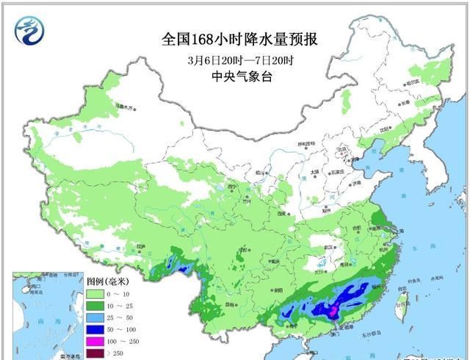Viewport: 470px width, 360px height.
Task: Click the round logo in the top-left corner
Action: [30, 30]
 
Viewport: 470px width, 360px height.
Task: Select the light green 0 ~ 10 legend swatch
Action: [96, 293]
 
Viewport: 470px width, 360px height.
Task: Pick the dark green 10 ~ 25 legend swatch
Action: [96, 306]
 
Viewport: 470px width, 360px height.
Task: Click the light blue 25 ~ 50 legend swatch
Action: [96, 319]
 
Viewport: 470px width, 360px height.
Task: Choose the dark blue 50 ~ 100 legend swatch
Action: [96, 331]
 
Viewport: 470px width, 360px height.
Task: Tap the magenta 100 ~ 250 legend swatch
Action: [96, 344]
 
